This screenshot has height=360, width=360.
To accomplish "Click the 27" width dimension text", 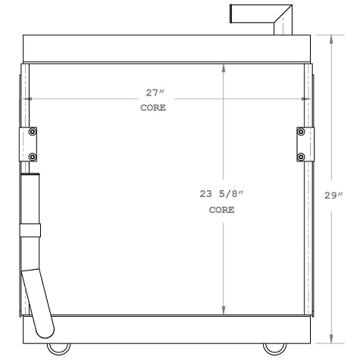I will tap(155, 93).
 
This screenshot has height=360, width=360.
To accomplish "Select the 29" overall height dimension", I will tap(333, 195).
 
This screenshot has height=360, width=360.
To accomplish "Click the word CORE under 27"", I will tap(153, 108).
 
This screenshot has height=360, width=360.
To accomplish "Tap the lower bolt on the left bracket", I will tap(32, 156).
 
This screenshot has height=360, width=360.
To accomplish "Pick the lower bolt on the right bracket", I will tap(302, 156).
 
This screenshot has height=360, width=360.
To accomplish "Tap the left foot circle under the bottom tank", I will tap(57, 349).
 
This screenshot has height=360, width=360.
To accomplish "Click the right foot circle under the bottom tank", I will tap(271, 349).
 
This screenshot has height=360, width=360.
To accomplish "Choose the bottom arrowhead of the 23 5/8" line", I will tap(224, 311).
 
